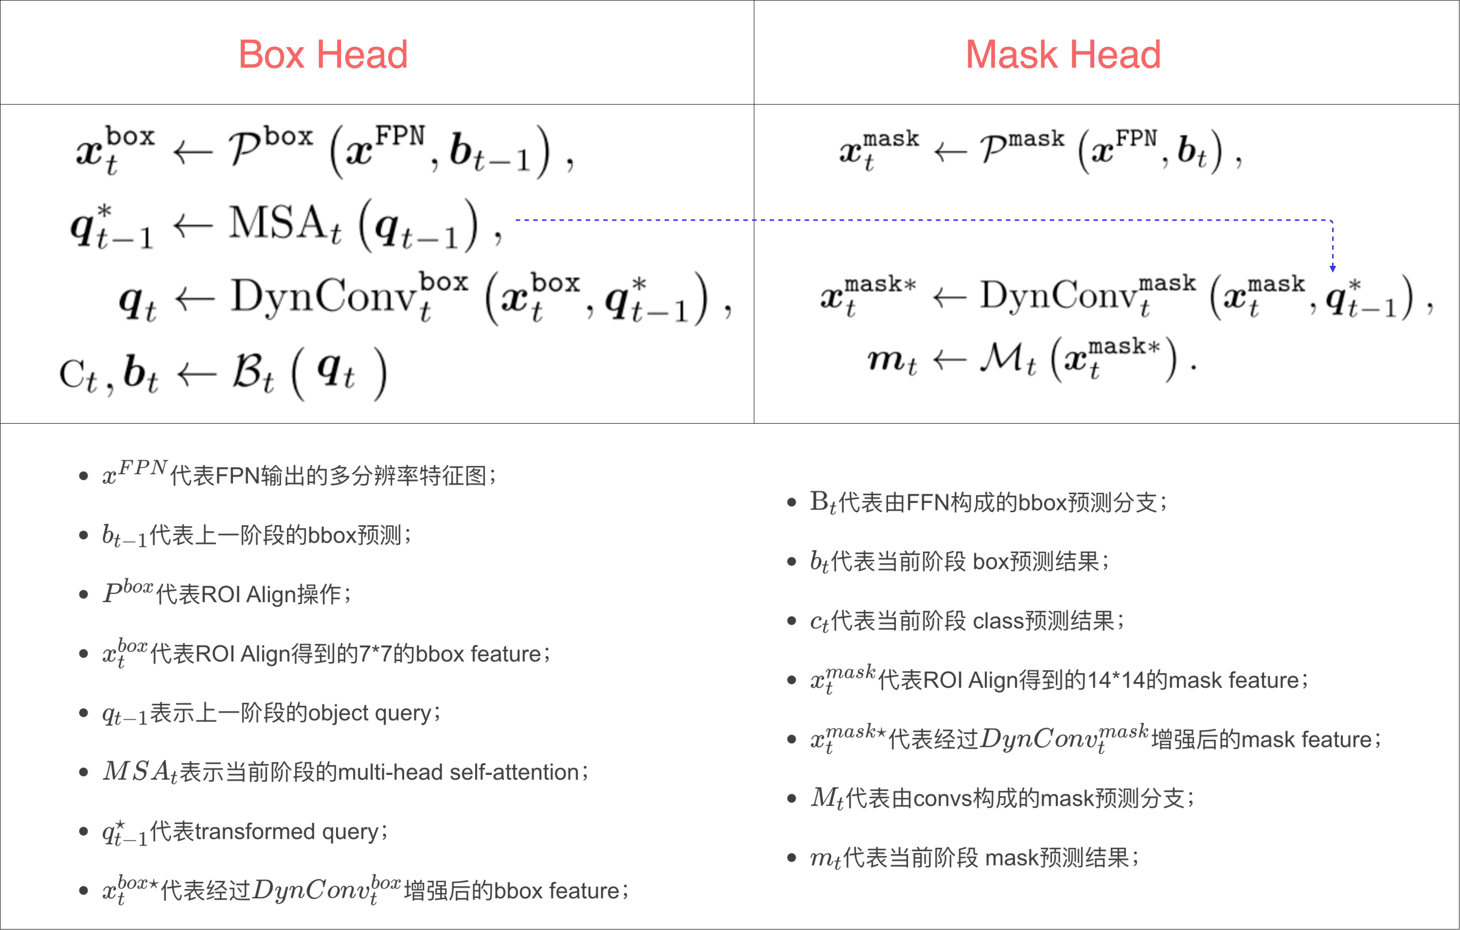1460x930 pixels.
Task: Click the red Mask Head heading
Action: [x=1063, y=55]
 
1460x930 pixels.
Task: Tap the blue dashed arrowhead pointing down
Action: [x=1333, y=268]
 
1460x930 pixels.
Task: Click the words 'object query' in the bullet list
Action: [x=371, y=713]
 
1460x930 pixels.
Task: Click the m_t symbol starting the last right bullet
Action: [x=825, y=858]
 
